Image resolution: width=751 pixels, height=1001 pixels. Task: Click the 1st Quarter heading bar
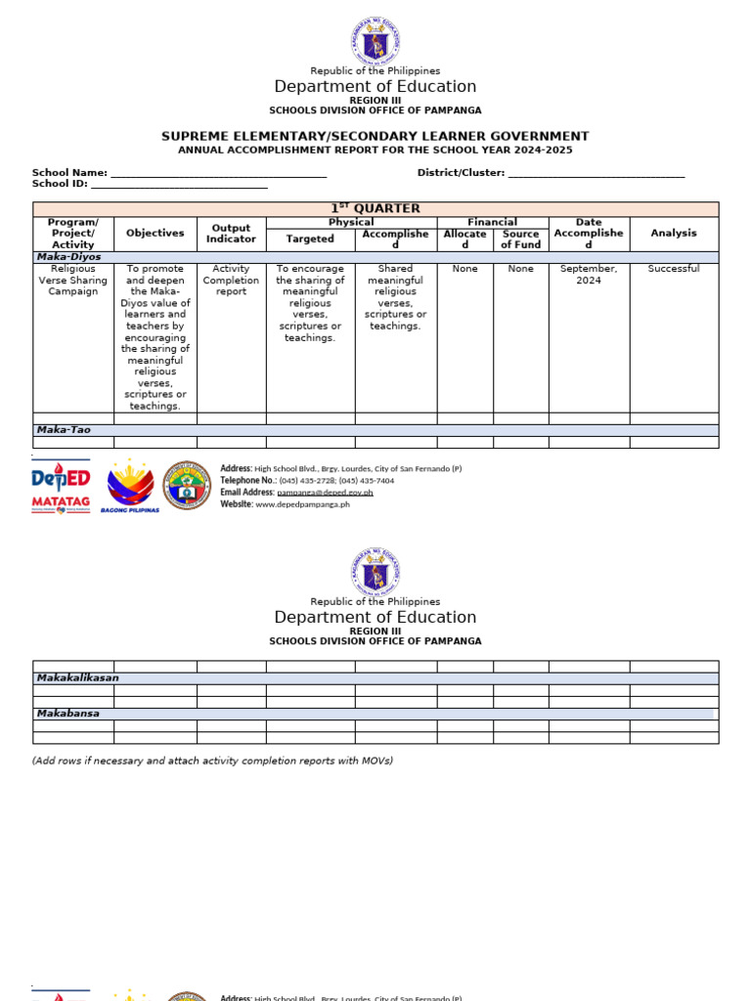click(375, 208)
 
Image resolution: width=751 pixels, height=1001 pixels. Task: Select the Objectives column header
click(155, 234)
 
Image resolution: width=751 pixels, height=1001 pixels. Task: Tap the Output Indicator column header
click(232, 234)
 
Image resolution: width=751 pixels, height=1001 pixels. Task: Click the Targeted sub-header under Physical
click(310, 239)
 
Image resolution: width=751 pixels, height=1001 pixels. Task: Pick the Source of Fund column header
click(520, 239)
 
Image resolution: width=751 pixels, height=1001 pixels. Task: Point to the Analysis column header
click(674, 234)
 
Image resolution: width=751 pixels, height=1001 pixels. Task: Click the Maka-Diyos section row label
click(69, 257)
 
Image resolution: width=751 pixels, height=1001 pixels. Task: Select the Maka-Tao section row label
click(64, 430)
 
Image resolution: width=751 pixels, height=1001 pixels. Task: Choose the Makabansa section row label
click(68, 714)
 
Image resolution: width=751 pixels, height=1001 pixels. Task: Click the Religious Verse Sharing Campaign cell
click(73, 281)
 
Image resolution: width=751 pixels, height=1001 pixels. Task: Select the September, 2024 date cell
click(589, 275)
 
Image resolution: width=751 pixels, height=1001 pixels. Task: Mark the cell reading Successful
click(674, 269)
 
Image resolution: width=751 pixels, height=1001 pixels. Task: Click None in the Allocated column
click(464, 269)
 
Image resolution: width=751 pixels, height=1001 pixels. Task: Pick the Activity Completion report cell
click(232, 281)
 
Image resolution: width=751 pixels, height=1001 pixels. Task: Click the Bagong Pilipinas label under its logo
click(130, 510)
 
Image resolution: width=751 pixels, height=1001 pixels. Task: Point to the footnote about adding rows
click(212, 761)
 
